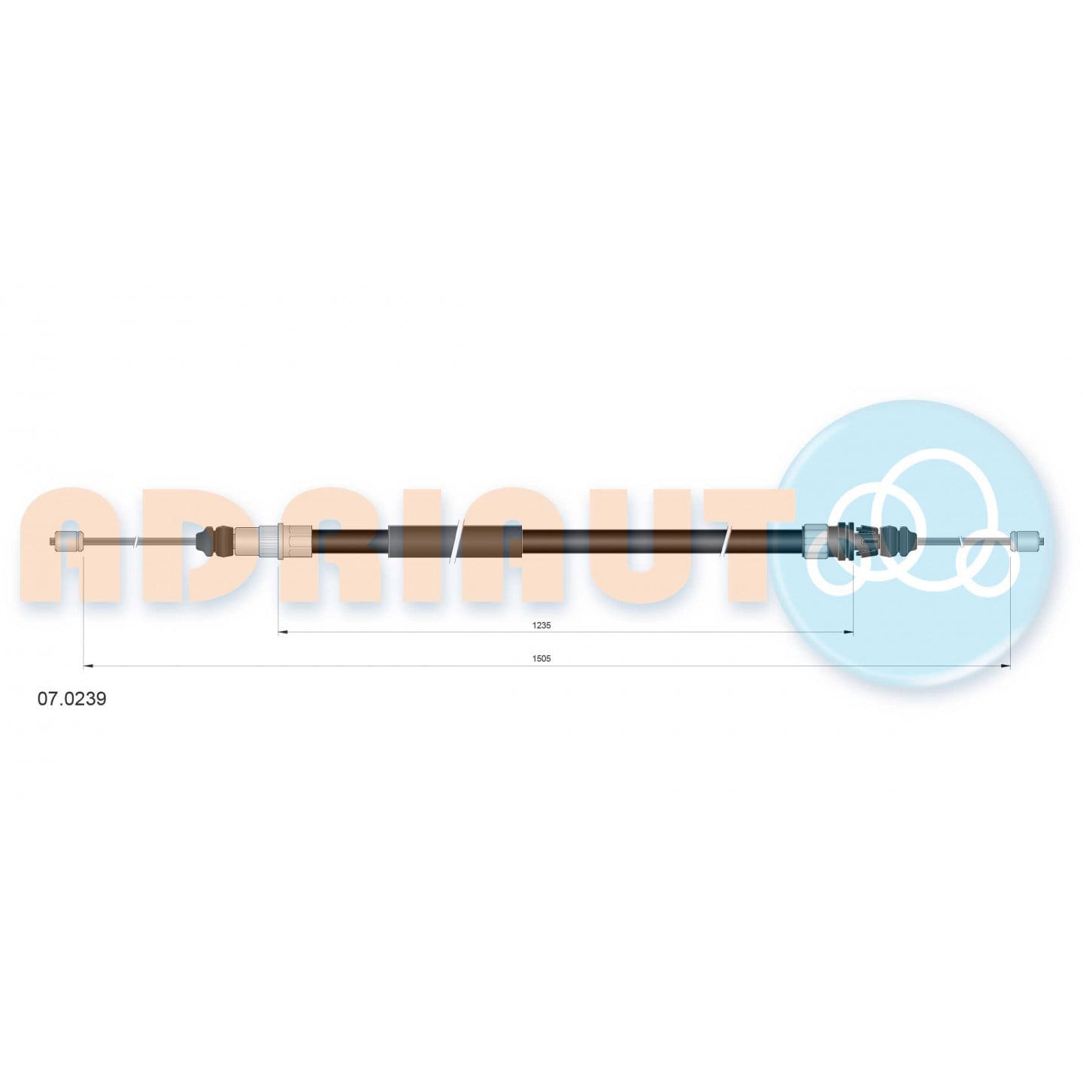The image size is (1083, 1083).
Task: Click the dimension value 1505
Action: click(x=541, y=659)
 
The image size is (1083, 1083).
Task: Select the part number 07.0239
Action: click(x=72, y=699)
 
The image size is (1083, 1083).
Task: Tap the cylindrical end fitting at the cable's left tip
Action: click(x=66, y=541)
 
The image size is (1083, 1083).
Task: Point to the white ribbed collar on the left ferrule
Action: click(x=270, y=541)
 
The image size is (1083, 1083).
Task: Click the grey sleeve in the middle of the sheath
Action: click(x=455, y=541)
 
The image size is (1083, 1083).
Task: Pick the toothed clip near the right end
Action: click(x=854, y=541)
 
